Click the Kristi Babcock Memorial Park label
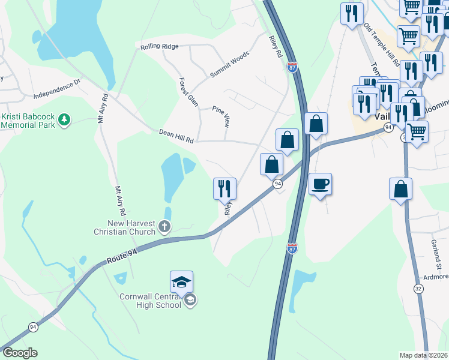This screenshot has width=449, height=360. [x=28, y=121]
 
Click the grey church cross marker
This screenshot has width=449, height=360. [x=165, y=227]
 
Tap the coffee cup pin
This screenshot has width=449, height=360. [x=321, y=184]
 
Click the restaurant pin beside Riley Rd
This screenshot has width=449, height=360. [x=224, y=188]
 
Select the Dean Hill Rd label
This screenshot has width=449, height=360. [x=176, y=136]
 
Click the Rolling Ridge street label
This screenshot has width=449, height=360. [x=159, y=46]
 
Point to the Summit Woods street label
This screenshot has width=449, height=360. [x=229, y=65]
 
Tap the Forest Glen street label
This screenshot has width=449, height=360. [x=188, y=92]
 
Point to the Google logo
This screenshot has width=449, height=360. [x=20, y=353]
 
